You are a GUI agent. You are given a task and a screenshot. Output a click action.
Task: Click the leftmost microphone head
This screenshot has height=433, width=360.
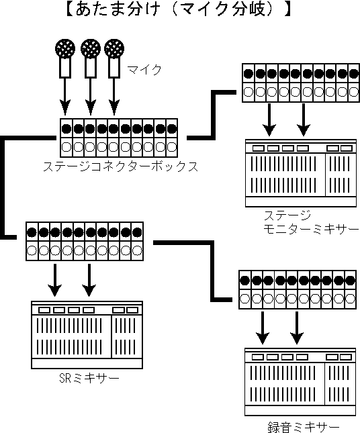click(x=65, y=49)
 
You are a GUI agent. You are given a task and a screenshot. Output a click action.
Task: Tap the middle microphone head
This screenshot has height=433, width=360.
click(x=91, y=49)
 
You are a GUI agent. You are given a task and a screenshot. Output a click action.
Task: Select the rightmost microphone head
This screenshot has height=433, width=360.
click(x=114, y=49)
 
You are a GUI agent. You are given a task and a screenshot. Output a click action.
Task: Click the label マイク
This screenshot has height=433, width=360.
click(x=144, y=70)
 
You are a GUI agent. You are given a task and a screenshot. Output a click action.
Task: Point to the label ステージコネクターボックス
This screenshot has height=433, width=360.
click(x=121, y=166)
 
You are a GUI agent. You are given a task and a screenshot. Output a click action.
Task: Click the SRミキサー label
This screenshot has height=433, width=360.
click(x=89, y=378)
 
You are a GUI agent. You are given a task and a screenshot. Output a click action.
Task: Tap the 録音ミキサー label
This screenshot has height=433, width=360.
click(x=303, y=427)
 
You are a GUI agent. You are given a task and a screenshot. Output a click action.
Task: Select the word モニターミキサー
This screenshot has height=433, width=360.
click(x=311, y=229)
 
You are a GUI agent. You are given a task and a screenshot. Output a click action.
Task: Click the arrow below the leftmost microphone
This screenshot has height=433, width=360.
click(x=65, y=97)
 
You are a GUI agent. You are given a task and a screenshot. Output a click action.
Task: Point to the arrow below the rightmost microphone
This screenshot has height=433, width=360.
click(x=114, y=97)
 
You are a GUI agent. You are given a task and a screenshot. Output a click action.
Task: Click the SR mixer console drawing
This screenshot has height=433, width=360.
click(x=87, y=335)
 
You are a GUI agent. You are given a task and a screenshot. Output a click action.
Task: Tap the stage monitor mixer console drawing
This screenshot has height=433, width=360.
click(x=301, y=173)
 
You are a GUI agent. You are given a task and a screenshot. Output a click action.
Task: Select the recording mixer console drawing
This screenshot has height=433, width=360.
click(x=300, y=382)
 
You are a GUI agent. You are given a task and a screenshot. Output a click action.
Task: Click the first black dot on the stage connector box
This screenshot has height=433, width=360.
click(x=66, y=128)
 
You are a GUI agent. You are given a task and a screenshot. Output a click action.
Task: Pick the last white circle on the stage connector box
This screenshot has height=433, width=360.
click(x=172, y=147)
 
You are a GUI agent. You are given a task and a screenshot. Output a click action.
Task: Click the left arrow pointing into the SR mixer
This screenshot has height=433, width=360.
click(x=55, y=280)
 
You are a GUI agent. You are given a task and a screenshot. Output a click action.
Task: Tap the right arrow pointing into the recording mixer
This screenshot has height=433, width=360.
click(x=297, y=328)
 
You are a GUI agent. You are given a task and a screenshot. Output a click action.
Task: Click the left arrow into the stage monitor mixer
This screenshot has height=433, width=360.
click(x=269, y=120)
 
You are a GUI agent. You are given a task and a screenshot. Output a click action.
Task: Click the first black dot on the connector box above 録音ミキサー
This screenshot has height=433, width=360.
click(x=244, y=281)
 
